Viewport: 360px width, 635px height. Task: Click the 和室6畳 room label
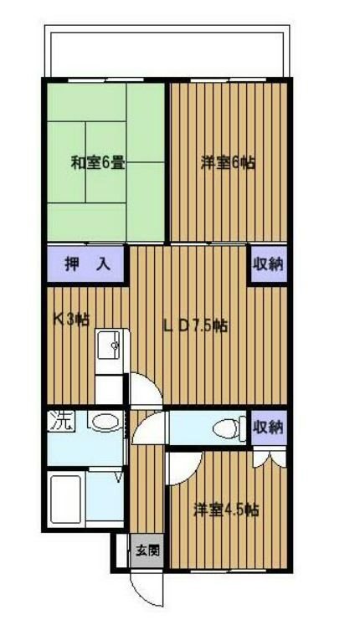point(98,163)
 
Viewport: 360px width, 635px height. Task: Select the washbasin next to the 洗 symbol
point(105,422)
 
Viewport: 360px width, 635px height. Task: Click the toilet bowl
point(225,429)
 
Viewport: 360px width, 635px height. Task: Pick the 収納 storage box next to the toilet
point(269,427)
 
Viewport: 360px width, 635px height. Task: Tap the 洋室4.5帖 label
point(225,508)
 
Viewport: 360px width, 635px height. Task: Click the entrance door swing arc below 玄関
point(144,590)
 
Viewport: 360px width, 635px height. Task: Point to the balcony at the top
point(167,54)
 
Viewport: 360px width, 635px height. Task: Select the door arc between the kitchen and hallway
point(142,393)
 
